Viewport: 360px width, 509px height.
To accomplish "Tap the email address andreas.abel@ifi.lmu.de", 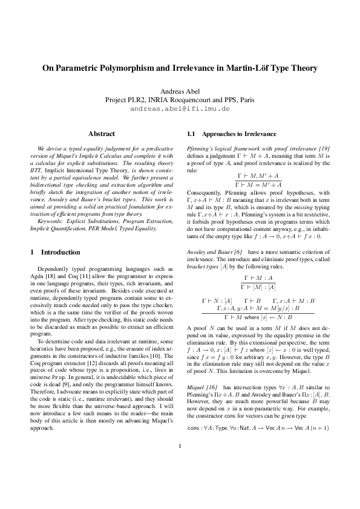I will click(180, 109).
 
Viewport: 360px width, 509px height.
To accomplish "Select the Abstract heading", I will click(102, 133).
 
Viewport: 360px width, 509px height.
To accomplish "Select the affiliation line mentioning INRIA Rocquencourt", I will click(180, 100).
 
